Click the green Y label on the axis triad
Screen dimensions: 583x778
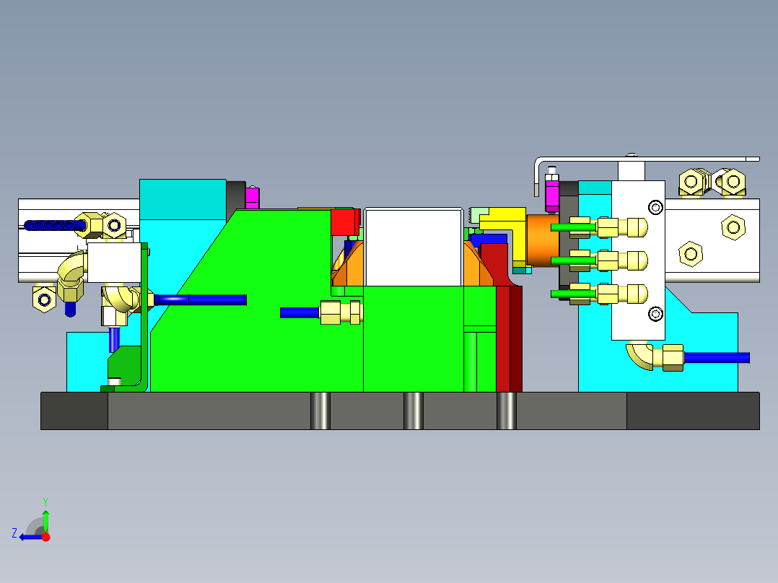click(x=45, y=501)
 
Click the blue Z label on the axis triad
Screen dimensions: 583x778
click(x=14, y=533)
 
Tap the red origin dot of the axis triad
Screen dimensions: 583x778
click(x=45, y=536)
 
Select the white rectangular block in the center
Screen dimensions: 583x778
click(x=413, y=246)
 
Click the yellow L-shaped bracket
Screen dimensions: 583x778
click(x=506, y=224)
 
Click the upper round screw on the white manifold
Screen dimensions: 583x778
click(x=655, y=208)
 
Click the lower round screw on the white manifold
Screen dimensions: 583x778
click(x=655, y=313)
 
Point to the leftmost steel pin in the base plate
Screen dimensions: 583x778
click(x=320, y=411)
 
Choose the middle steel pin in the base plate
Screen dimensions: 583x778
click(x=413, y=411)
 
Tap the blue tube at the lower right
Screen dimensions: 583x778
click(x=716, y=357)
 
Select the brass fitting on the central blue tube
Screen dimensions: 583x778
click(x=340, y=312)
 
